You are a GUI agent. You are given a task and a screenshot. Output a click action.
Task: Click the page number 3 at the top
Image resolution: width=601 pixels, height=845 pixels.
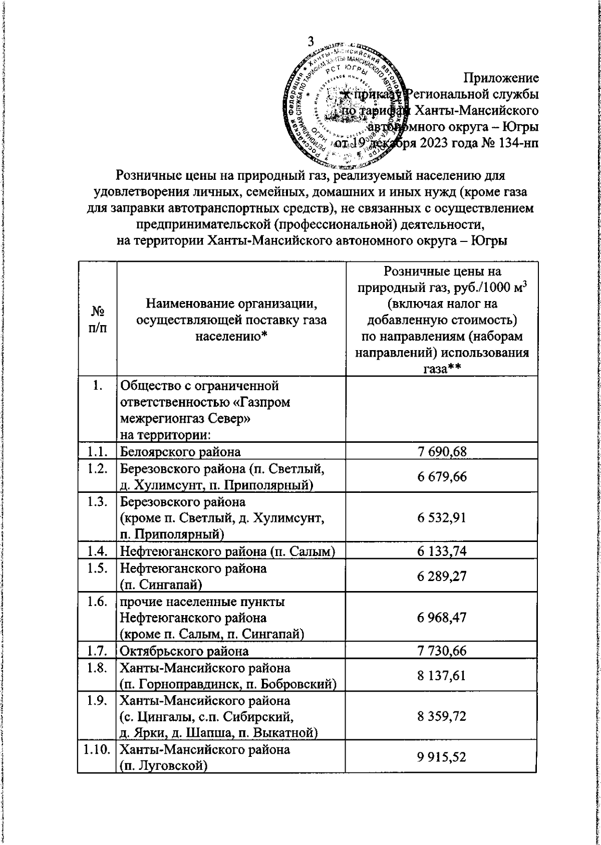click(311, 42)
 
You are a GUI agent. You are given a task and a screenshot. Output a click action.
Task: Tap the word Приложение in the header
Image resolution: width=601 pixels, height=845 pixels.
click(500, 78)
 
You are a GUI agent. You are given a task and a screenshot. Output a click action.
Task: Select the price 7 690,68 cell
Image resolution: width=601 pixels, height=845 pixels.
click(442, 452)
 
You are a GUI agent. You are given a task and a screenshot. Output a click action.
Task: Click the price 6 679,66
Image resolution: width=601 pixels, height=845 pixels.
click(442, 476)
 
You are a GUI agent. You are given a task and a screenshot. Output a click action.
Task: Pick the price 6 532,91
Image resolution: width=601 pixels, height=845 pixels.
click(442, 517)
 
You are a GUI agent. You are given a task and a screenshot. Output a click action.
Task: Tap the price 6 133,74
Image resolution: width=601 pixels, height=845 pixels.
click(442, 551)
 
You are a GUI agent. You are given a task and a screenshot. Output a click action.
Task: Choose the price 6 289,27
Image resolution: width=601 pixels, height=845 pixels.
click(442, 576)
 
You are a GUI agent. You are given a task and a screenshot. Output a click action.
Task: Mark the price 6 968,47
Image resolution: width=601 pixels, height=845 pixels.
click(442, 617)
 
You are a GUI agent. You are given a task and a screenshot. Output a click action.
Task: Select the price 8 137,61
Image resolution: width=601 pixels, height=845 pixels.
click(442, 676)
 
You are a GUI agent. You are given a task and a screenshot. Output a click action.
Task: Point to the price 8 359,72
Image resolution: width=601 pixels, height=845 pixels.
click(442, 716)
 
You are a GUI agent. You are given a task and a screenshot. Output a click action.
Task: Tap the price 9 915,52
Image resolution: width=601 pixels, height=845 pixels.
click(442, 757)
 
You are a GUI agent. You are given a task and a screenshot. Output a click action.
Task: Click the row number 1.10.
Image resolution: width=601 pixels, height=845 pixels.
click(96, 750)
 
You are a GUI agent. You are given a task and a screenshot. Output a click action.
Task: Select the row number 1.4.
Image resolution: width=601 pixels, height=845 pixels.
click(96, 551)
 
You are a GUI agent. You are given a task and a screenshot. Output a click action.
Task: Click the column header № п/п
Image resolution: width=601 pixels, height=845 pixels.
click(98, 319)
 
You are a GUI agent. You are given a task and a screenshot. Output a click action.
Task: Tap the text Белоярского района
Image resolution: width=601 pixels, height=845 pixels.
click(180, 452)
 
